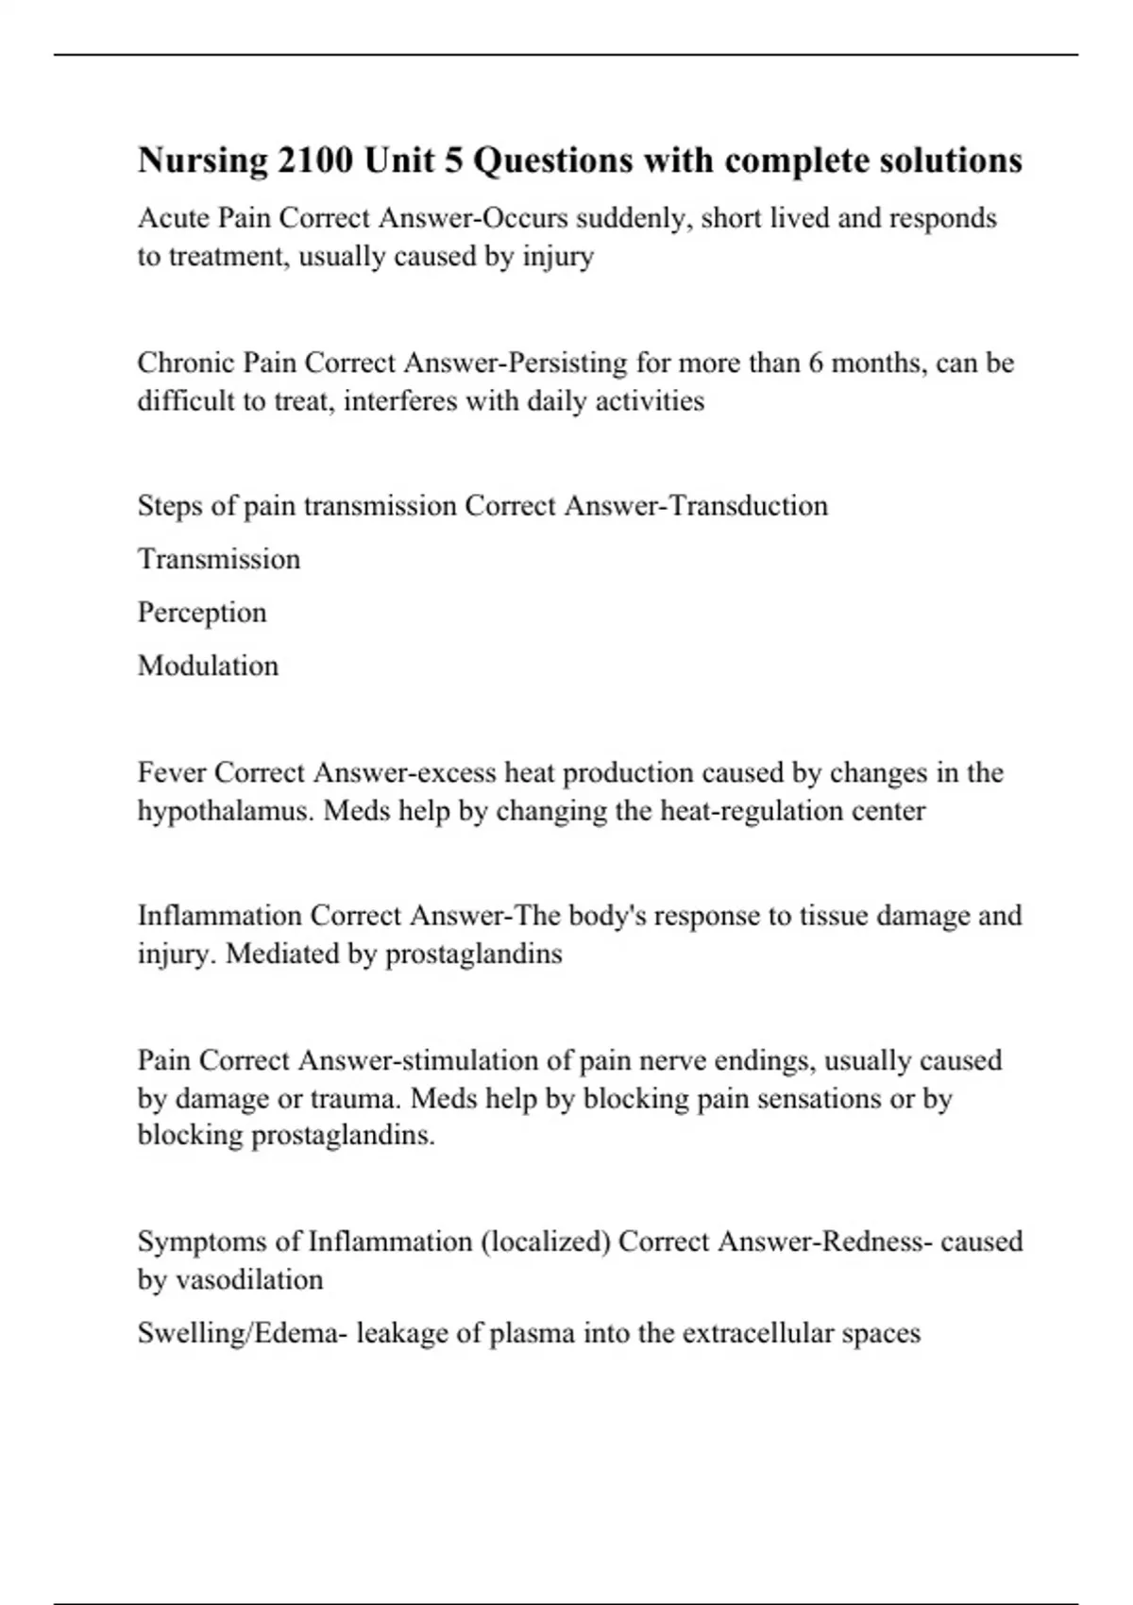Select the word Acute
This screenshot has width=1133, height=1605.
click(x=175, y=218)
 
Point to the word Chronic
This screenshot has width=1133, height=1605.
click(x=186, y=363)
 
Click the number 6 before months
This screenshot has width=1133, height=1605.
click(x=815, y=363)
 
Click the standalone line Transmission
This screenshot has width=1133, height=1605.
click(x=219, y=559)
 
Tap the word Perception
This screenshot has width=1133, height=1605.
click(x=202, y=613)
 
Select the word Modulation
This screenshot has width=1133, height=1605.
click(x=208, y=666)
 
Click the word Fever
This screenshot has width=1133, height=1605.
click(x=172, y=773)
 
